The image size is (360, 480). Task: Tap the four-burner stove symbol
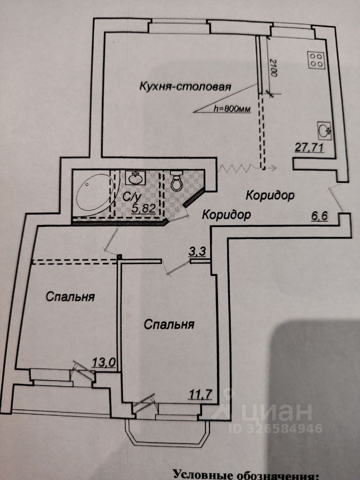(316, 60)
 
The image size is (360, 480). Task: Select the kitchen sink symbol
(324, 131)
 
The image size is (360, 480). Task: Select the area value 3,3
(195, 252)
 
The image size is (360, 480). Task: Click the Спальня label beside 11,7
(169, 325)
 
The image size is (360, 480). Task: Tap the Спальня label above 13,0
(70, 296)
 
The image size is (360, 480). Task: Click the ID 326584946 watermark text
(275, 428)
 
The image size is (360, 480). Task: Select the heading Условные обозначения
(245, 474)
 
